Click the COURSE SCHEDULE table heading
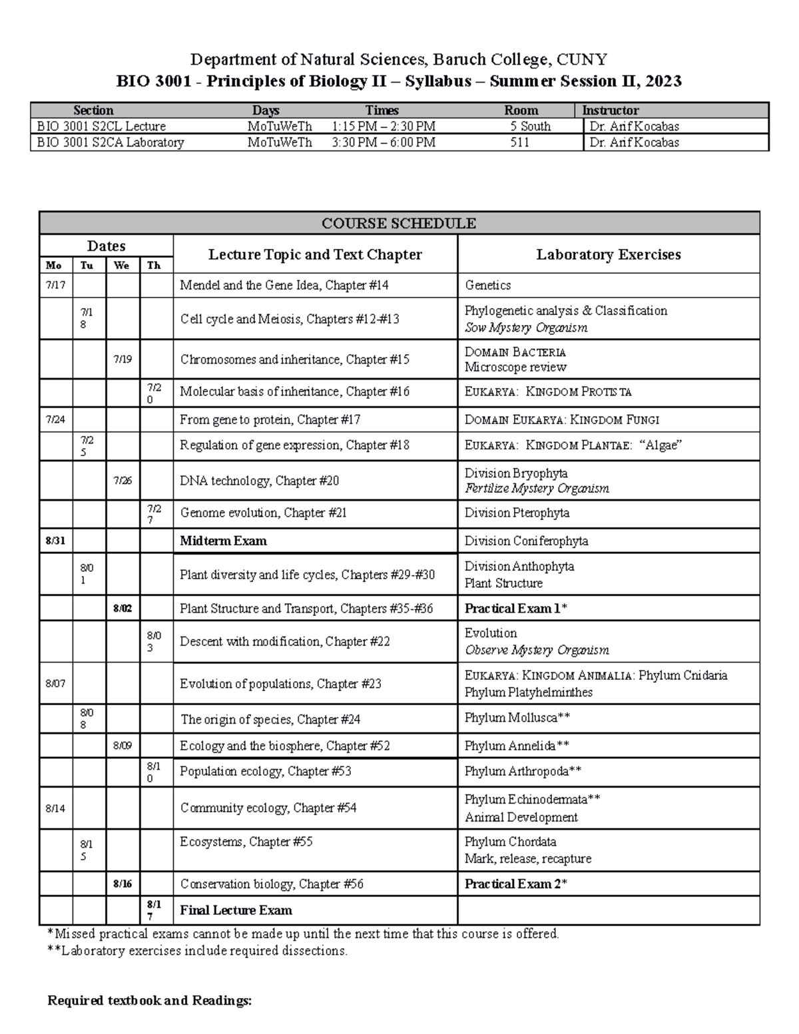(398, 223)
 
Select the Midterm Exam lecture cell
(223, 541)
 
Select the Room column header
(521, 111)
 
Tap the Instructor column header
(610, 111)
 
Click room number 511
(519, 142)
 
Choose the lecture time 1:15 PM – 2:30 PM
(383, 127)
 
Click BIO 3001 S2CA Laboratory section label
(111, 142)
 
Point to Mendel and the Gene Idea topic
(284, 286)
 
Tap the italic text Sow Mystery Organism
(525, 328)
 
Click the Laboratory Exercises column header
(608, 254)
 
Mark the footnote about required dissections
(197, 951)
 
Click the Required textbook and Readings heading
(150, 1001)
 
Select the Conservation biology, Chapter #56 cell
(272, 884)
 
